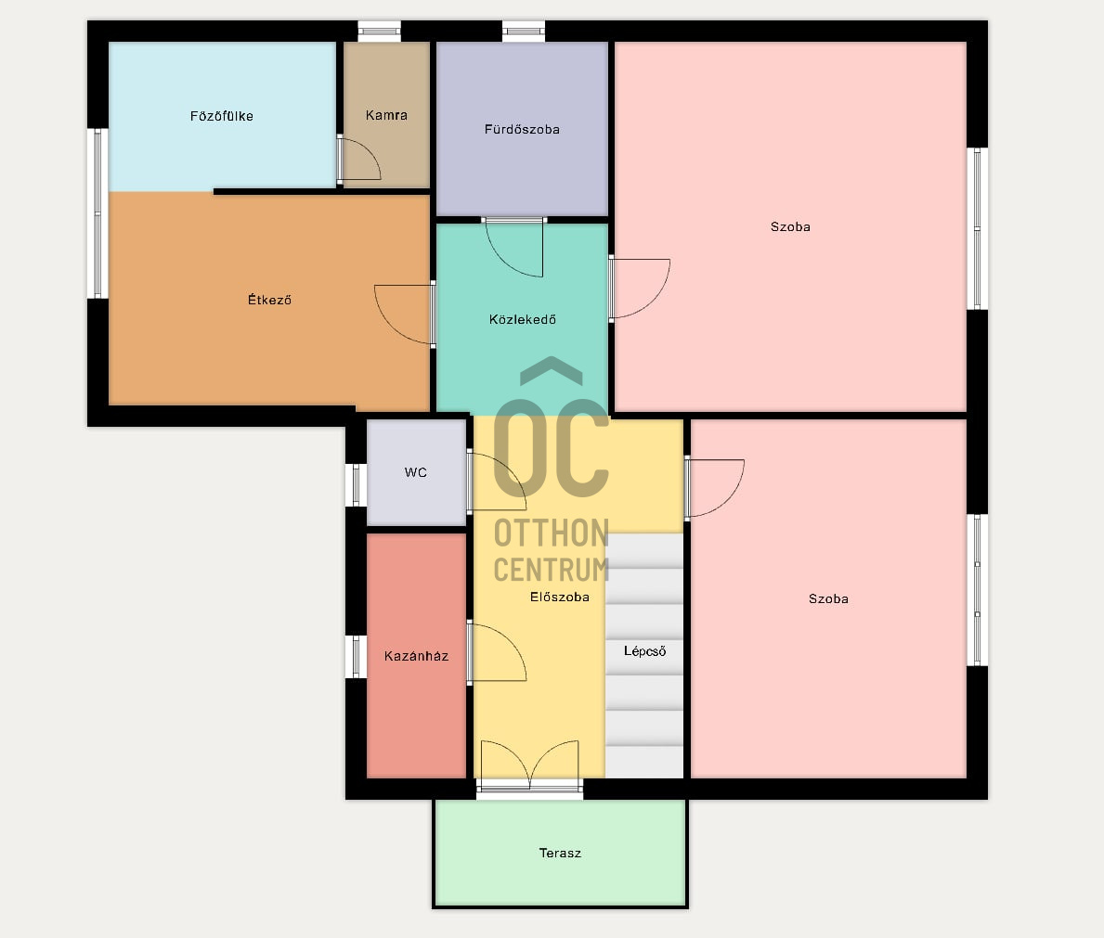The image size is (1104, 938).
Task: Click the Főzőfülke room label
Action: tap(221, 116)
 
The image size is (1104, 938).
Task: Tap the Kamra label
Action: tap(386, 115)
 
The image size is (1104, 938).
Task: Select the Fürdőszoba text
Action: tap(522, 129)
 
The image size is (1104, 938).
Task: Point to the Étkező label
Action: tap(269, 300)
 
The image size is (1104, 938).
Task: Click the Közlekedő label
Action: tap(523, 319)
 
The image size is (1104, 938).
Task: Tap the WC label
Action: tap(415, 472)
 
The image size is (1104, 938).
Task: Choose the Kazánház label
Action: tap(416, 656)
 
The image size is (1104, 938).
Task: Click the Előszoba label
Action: tap(560, 597)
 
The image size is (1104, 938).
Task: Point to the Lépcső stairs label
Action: tap(644, 651)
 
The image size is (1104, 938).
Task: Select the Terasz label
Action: tap(560, 853)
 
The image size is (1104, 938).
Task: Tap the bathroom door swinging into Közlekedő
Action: tap(514, 247)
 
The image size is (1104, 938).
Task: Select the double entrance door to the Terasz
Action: tap(529, 765)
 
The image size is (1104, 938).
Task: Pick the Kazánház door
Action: tap(497, 652)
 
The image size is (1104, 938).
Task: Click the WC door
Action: tap(497, 481)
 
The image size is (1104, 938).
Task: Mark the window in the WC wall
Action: tap(357, 485)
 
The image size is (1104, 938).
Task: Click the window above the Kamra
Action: tap(380, 31)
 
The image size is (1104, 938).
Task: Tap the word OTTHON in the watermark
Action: tap(552, 533)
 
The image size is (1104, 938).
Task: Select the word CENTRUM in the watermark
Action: tap(552, 570)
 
